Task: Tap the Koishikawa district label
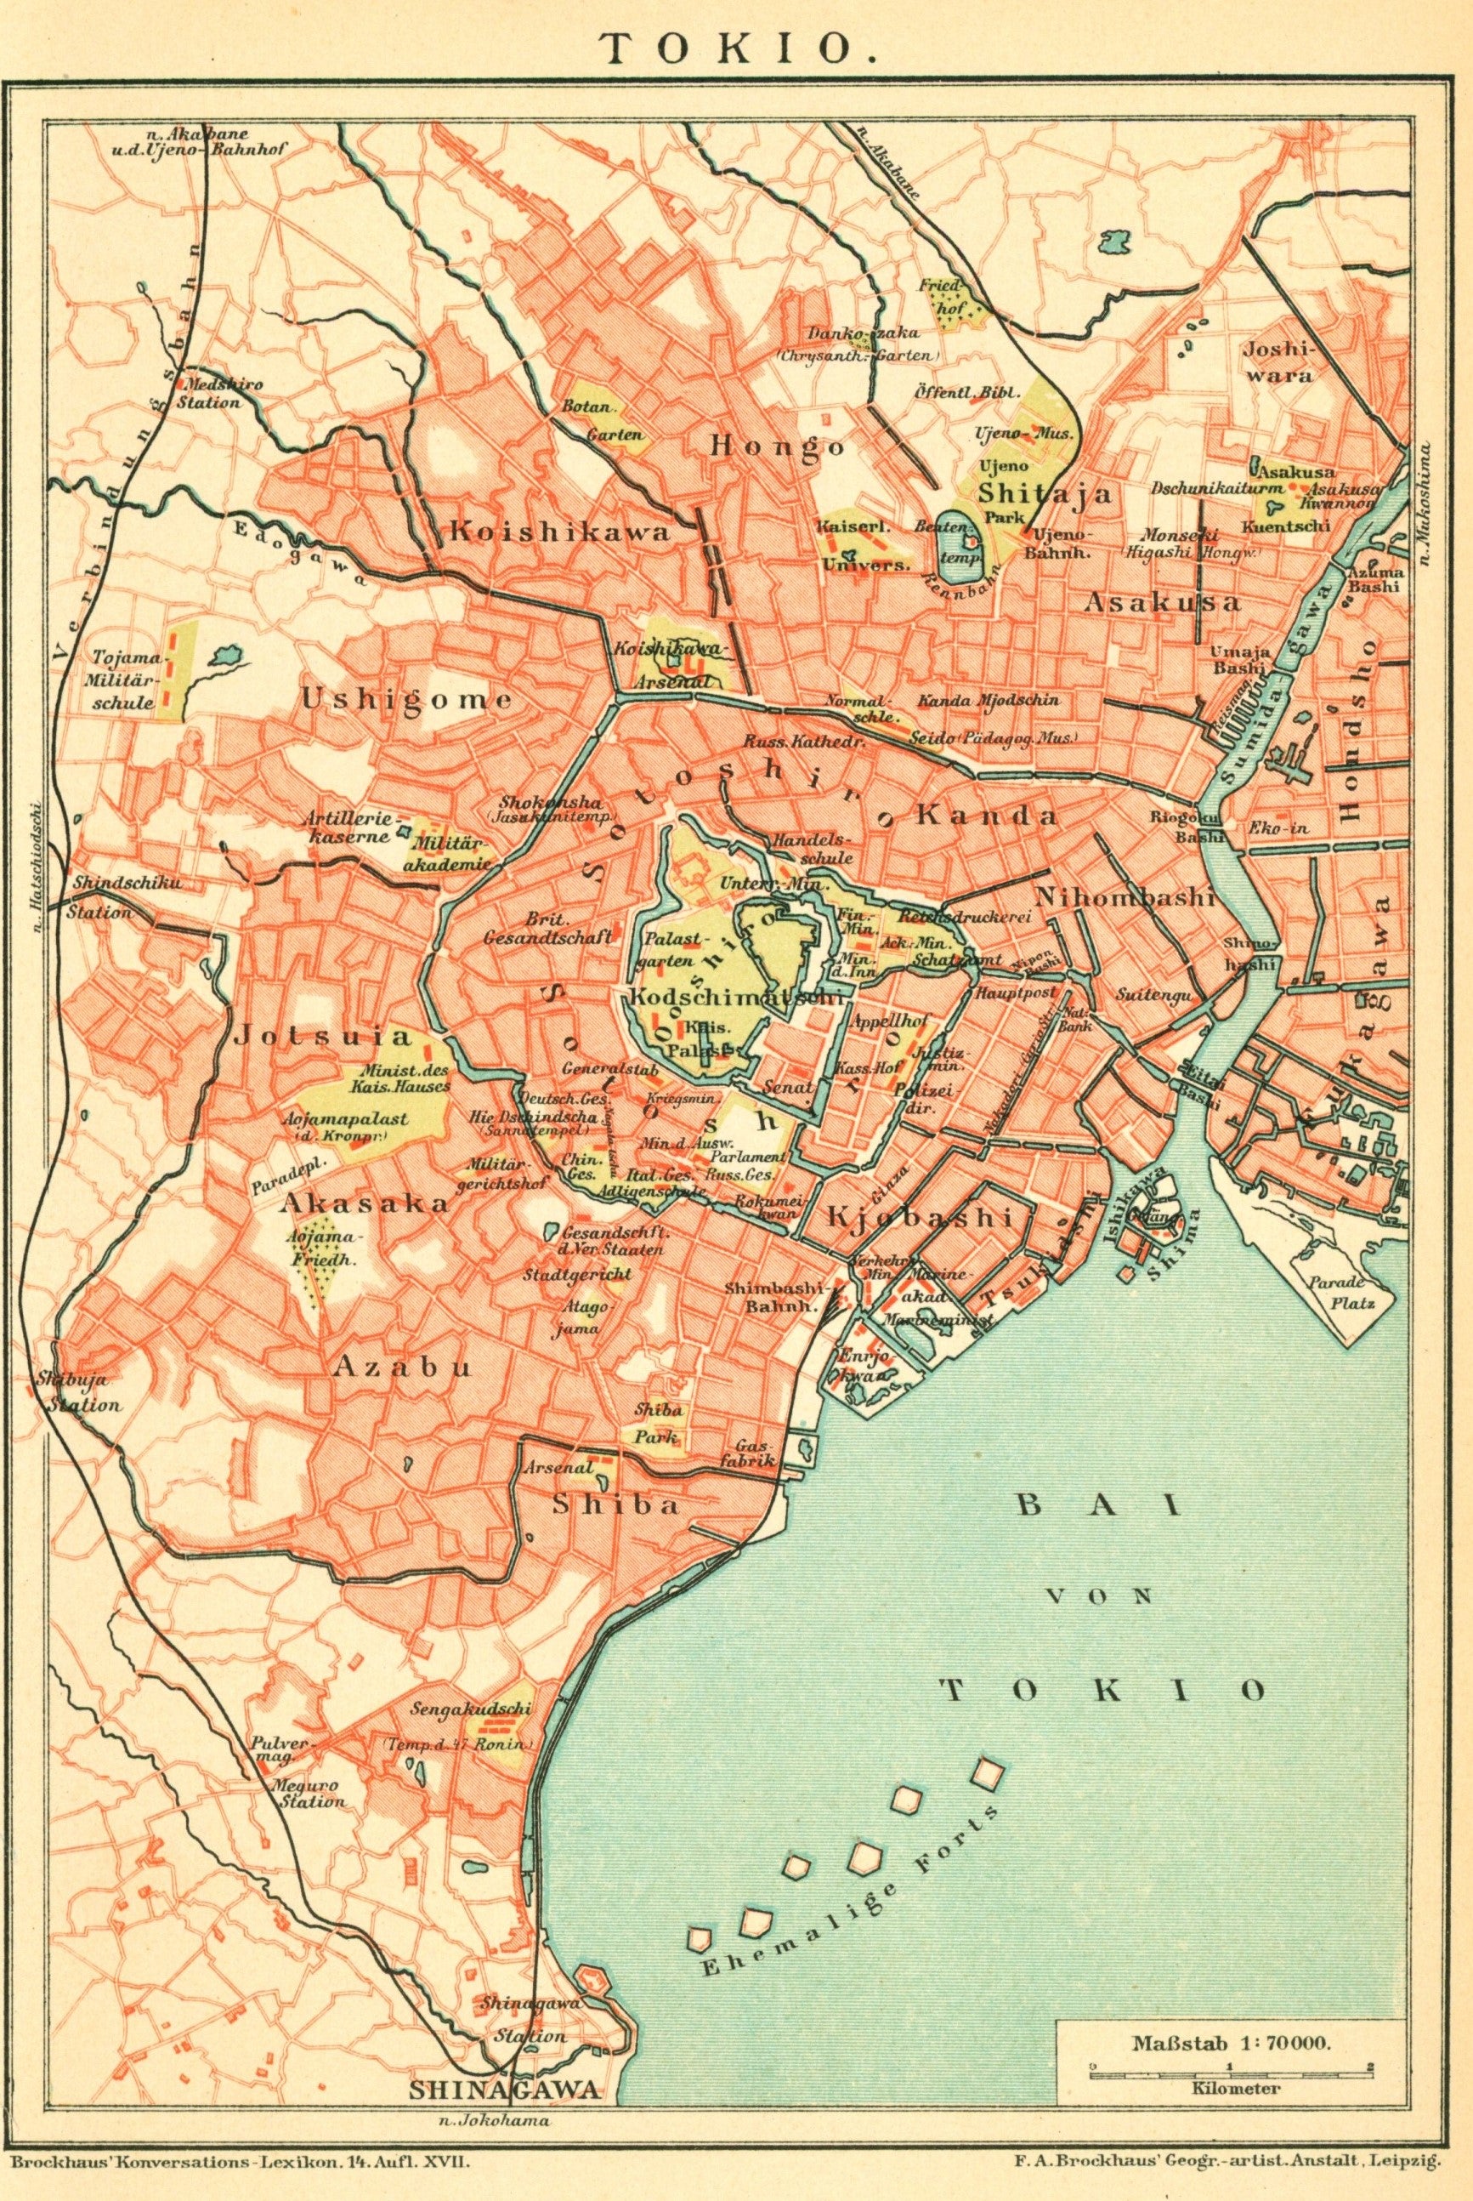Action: (x=560, y=532)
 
